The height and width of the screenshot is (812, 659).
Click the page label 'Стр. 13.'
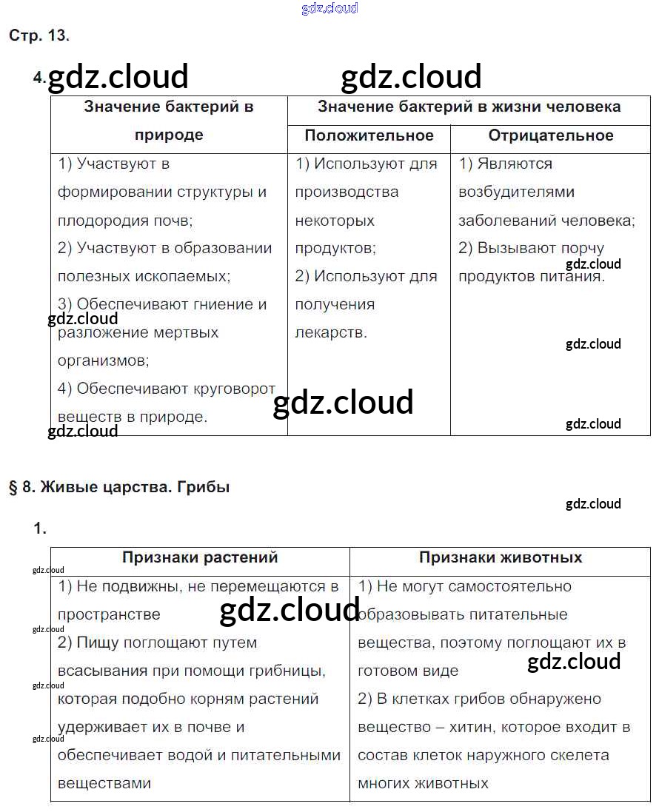[x=39, y=36]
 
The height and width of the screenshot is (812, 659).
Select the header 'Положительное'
[x=369, y=135]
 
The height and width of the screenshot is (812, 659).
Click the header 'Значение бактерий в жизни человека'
[x=469, y=107]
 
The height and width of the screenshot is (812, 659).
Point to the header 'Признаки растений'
[x=200, y=557]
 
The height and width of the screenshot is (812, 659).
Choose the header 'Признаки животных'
[x=501, y=557]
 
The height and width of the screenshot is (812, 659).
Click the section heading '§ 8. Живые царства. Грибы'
[x=119, y=487]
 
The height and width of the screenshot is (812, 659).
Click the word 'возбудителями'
[x=516, y=192]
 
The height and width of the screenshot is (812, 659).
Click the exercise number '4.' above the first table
[x=40, y=77]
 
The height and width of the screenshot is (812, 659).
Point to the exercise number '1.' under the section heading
[x=40, y=529]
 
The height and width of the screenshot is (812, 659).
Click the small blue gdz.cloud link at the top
[x=330, y=8]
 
